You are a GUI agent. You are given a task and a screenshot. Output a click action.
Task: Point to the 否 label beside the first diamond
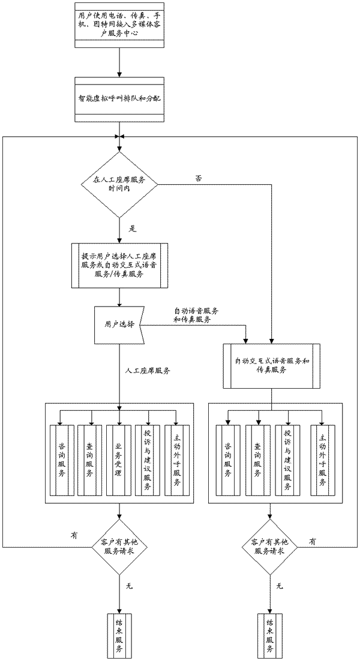pyautogui.click(x=199, y=178)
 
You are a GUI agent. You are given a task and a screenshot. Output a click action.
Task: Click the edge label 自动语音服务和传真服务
pyautogui.click(x=196, y=316)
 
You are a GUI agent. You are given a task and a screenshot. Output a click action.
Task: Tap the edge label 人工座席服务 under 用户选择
pyautogui.click(x=148, y=371)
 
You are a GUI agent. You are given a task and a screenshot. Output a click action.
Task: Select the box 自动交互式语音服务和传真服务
pyautogui.click(x=272, y=365)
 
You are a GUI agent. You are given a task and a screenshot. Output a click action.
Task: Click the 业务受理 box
pyautogui.click(x=119, y=460)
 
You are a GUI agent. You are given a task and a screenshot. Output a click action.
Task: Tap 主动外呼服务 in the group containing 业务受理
pyautogui.click(x=176, y=460)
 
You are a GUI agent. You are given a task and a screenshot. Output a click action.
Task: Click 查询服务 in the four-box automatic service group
pyautogui.click(x=257, y=460)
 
